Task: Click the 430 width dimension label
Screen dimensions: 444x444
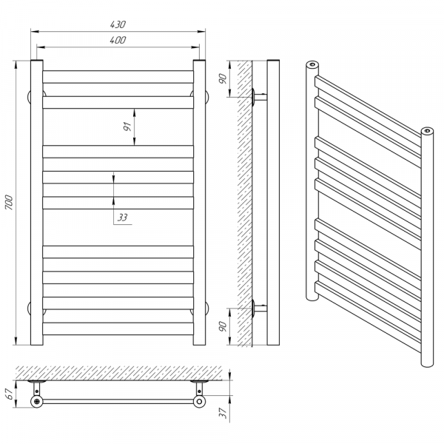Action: [118, 24]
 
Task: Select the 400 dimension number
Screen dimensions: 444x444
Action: [118, 40]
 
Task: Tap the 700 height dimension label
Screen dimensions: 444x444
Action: [9, 203]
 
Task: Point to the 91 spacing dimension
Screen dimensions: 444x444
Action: [128, 127]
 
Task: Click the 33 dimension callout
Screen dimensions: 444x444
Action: [122, 218]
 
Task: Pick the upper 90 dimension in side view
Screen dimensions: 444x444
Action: [223, 78]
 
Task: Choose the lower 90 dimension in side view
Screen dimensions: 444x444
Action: [223, 326]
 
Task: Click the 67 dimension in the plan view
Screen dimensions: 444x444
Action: [10, 394]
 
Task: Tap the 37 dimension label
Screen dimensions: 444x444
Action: [223, 413]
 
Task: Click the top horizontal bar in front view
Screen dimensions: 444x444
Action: [118, 77]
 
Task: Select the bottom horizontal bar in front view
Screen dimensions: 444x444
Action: [118, 329]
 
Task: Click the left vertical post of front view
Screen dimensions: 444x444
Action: [37, 203]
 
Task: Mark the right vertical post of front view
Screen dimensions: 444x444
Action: [199, 203]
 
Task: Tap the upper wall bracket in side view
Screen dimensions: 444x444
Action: [259, 97]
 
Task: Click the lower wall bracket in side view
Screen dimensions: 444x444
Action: [259, 308]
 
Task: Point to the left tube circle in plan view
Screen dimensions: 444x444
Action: [37, 401]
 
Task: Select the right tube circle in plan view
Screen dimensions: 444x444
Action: [199, 401]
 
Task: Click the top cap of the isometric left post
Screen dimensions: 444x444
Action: [312, 64]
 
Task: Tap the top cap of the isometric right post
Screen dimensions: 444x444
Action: [427, 131]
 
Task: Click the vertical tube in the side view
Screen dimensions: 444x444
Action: [273, 203]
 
